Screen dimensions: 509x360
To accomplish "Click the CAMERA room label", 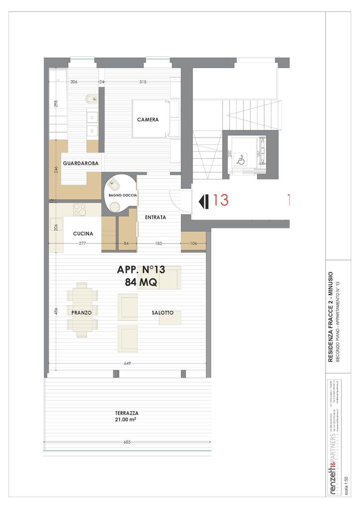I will (x=148, y=120).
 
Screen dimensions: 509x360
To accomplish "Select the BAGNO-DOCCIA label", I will (x=119, y=195).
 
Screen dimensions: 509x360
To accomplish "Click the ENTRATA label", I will (x=155, y=217).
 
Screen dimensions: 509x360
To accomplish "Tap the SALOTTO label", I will (x=163, y=313).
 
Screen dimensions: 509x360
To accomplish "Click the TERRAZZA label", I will (x=126, y=413).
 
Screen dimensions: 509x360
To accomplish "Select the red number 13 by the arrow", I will (x=220, y=200).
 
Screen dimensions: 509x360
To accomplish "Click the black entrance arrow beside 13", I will (x=203, y=201).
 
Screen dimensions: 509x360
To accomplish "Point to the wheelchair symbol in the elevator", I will (x=240, y=160).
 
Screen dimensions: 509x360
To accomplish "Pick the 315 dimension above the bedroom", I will (x=143, y=82).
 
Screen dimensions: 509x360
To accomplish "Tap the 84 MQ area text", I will (x=141, y=282).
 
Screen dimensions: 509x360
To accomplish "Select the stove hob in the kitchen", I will (x=80, y=210).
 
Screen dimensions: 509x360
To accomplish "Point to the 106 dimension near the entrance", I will (x=193, y=244).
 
